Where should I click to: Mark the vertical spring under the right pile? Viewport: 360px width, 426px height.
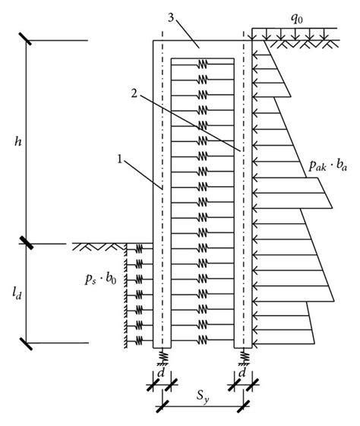point(245,354)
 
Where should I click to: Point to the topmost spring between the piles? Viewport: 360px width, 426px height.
point(201,64)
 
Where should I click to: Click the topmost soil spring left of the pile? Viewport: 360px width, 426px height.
point(138,249)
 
